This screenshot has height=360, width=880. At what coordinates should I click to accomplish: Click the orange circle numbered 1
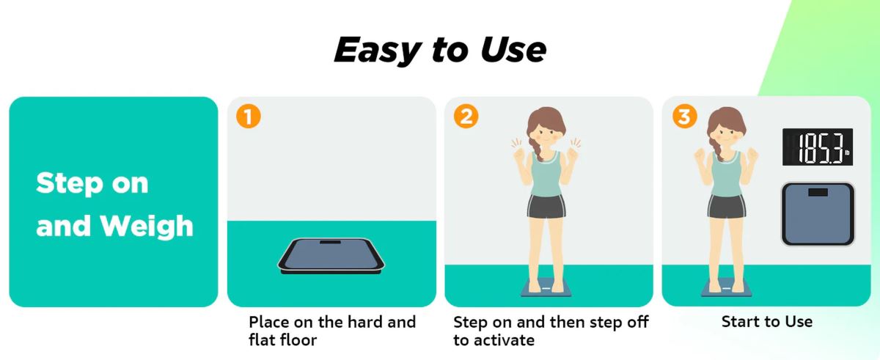[248, 117]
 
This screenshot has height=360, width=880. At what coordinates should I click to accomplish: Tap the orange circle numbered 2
[466, 117]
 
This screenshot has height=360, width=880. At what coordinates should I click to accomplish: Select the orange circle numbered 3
[684, 117]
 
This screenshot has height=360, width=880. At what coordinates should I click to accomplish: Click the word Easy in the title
[377, 51]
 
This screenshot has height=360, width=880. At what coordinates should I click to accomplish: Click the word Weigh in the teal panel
[146, 227]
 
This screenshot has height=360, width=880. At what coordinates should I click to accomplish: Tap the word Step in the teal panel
[70, 184]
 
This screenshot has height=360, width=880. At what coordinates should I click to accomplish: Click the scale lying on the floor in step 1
[331, 256]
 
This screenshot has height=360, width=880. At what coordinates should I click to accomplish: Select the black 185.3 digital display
[818, 147]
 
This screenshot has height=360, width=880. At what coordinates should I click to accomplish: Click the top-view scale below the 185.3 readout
[818, 214]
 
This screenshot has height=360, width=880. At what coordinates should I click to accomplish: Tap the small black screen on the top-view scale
[818, 192]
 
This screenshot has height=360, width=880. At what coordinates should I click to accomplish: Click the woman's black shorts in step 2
[546, 207]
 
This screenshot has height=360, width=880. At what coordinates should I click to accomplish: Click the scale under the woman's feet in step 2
[546, 288]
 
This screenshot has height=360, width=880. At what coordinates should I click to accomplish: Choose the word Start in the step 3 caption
[740, 322]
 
